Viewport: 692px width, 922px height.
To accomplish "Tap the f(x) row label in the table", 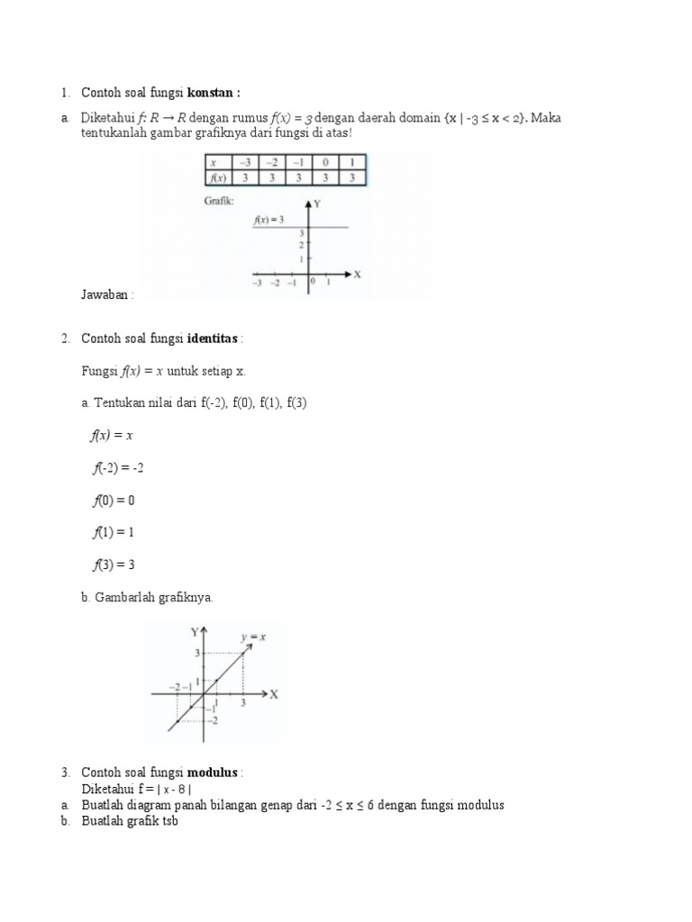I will pos(216,177).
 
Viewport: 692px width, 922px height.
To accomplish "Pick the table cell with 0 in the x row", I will pos(324,162).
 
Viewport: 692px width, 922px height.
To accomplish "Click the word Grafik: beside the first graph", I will pos(219,202).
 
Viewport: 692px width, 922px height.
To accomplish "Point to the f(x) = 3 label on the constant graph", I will pos(269,219).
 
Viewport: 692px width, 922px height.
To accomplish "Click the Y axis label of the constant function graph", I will pos(317,204).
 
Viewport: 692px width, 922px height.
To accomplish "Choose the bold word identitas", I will pos(213,339).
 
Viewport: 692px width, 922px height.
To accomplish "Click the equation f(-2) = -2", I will pos(119,468).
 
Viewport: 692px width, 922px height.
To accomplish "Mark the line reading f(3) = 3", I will pos(113,565).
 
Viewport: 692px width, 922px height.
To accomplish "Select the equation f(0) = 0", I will pos(113,501).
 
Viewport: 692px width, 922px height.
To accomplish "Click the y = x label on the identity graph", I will pos(252,637).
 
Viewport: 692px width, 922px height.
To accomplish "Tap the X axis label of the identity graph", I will pos(273,694).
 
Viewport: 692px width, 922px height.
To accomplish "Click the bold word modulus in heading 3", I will pos(213,773).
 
